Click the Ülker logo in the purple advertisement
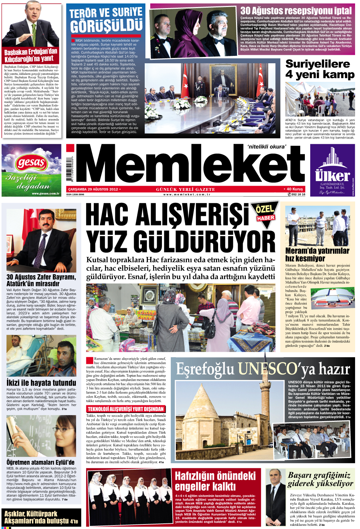pyautogui.click(x=332, y=175)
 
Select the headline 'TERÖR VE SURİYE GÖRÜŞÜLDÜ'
pyautogui.click(x=106, y=20)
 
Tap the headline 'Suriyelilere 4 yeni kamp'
pyautogui.click(x=320, y=69)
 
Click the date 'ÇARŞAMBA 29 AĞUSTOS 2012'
pyautogui.click(x=93, y=189)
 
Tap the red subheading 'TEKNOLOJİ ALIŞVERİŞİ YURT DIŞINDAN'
pyautogui.click(x=126, y=409)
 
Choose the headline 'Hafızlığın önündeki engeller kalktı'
pyautogui.click(x=215, y=481)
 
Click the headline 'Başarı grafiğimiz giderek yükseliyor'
pyautogui.click(x=320, y=479)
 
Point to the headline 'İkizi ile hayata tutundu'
pyautogui.click(x=41, y=382)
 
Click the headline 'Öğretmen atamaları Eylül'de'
pyautogui.click(x=40, y=462)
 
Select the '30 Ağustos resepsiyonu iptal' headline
pyautogui.click(x=296, y=11)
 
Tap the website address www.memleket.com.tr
pyautogui.click(x=186, y=194)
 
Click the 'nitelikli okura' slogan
pyautogui.click(x=267, y=147)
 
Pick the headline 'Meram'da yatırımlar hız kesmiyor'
pyautogui.click(x=317, y=254)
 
